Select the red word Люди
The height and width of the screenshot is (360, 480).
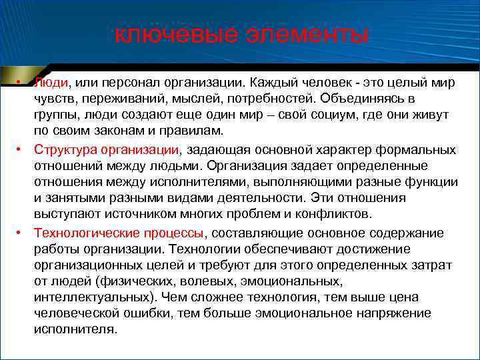[51, 83]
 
